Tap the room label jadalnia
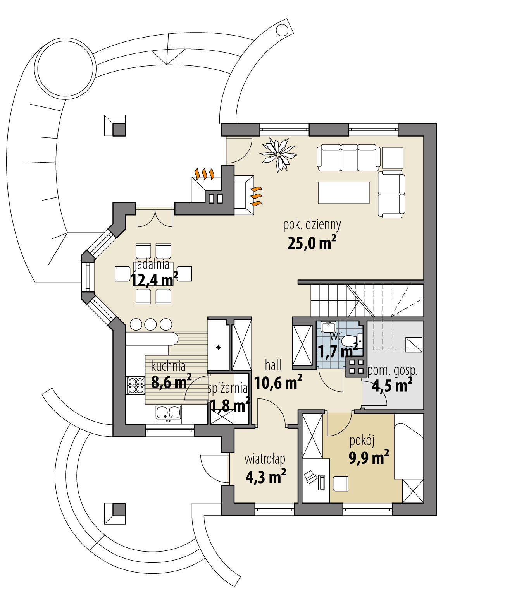tap(152, 265)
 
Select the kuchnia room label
tap(168, 366)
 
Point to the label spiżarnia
tap(227, 388)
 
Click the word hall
tap(273, 365)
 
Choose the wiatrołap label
tap(265, 459)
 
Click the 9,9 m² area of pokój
tap(369, 458)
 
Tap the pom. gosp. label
tap(392, 370)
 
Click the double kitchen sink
tap(168, 413)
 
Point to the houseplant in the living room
tap(278, 154)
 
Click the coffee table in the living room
tap(343, 192)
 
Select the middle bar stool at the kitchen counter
tap(150, 324)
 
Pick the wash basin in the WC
tap(328, 327)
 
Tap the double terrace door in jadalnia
tap(155, 218)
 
